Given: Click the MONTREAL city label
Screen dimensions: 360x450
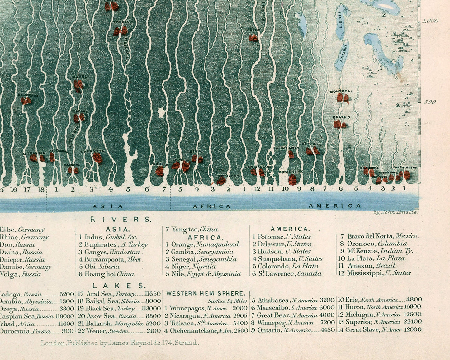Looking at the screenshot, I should pyautogui.click(x=341, y=92).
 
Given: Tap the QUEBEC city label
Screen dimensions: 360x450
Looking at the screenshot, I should pyautogui.click(x=342, y=117).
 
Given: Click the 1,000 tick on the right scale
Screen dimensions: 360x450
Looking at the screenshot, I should pyautogui.click(x=431, y=21).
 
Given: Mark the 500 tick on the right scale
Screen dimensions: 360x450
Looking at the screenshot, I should pyautogui.click(x=430, y=102).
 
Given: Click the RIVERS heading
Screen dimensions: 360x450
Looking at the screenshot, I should pyautogui.click(x=121, y=220).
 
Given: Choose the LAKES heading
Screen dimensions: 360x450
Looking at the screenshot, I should pyautogui.click(x=119, y=286).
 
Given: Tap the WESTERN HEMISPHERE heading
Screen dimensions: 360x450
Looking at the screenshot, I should pyautogui.click(x=206, y=293).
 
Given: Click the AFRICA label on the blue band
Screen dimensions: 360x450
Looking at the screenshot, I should pyautogui.click(x=212, y=206).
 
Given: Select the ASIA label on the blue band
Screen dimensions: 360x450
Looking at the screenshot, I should pyautogui.click(x=108, y=206).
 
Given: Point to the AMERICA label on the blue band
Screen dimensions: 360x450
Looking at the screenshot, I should pyautogui.click(x=335, y=206).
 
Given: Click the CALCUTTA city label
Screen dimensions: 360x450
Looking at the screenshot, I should pyautogui.click(x=92, y=151).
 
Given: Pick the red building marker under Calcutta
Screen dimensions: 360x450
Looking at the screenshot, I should pyautogui.click(x=97, y=158).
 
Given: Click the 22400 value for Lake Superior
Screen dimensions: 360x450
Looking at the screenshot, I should pyautogui.click(x=413, y=322).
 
